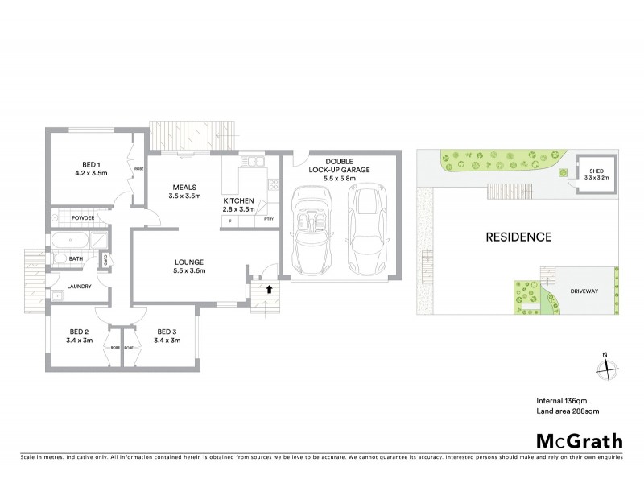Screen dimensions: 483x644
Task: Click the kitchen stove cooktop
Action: pos(274,184)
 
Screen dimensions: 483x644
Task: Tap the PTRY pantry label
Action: pos(267,220)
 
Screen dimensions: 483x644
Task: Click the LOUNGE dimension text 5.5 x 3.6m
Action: pos(189,271)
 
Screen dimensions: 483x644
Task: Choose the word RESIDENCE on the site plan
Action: pos(518,237)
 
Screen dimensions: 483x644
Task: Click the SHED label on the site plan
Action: pos(596,171)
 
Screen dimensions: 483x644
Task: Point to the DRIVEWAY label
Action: pos(582,291)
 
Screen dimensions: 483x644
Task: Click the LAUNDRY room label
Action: pos(79,286)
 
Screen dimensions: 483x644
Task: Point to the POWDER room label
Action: pos(83,218)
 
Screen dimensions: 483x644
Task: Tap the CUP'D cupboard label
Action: pos(105,259)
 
